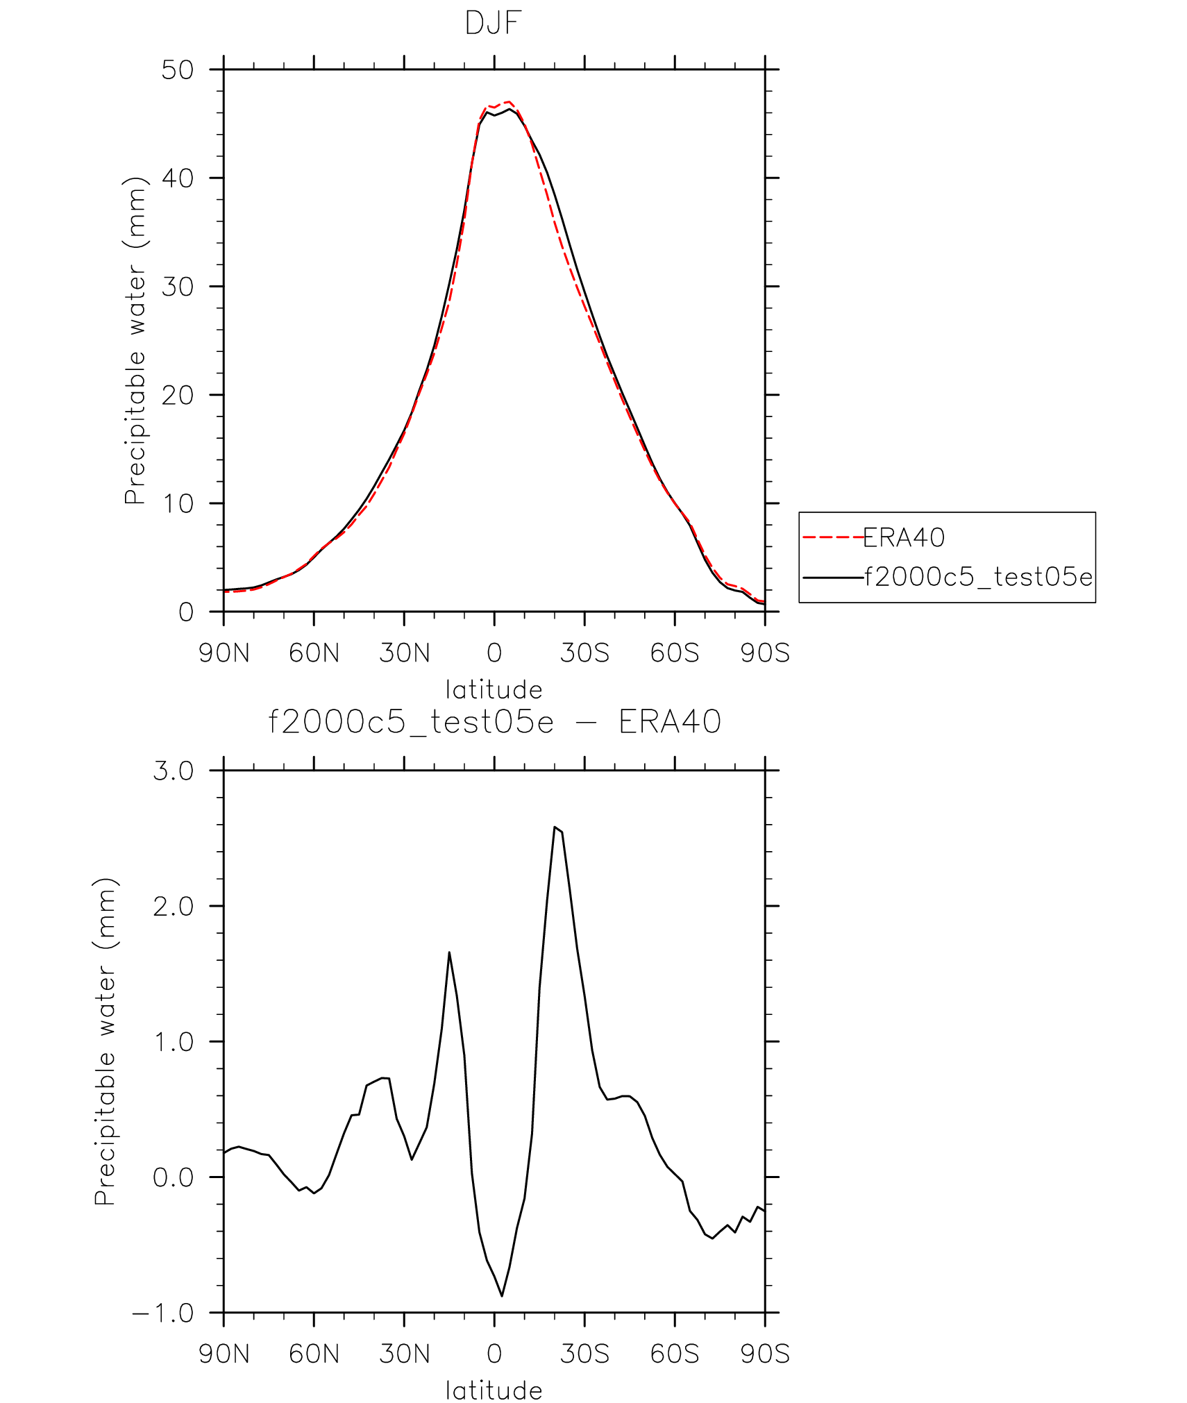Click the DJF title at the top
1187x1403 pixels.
click(x=493, y=24)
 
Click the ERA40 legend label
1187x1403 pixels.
click(x=904, y=537)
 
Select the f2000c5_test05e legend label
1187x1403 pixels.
click(x=978, y=577)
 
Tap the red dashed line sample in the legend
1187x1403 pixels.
click(x=832, y=537)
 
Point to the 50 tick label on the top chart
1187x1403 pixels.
click(x=178, y=70)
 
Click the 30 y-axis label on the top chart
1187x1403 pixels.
click(x=178, y=287)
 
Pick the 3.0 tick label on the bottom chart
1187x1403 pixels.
click(x=174, y=771)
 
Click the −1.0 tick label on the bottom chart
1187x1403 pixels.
click(x=164, y=1313)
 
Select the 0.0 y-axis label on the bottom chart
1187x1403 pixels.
click(x=174, y=1178)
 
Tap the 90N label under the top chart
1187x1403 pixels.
click(x=224, y=653)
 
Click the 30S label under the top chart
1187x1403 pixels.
click(x=584, y=653)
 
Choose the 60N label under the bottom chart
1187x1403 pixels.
click(x=314, y=1354)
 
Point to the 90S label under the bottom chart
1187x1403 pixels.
click(x=765, y=1354)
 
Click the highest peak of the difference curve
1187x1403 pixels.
click(x=555, y=827)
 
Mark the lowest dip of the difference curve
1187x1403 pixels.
click(x=502, y=1295)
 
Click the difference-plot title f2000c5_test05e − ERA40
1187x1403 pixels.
click(x=494, y=722)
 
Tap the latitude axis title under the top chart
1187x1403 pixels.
click(x=494, y=690)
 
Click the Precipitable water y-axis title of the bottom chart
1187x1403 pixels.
click(x=106, y=1041)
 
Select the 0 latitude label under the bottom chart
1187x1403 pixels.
click(x=494, y=1354)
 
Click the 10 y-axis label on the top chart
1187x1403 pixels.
click(x=178, y=504)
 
